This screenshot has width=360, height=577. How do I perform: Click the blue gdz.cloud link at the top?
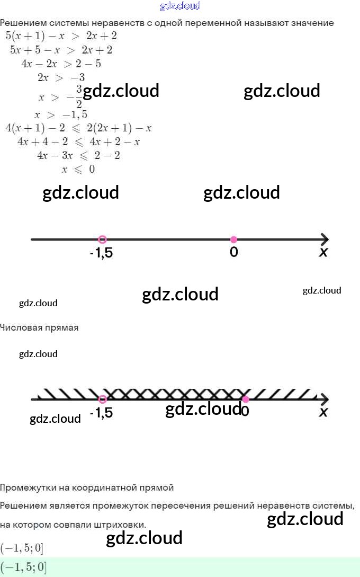pyautogui.click(x=180, y=6)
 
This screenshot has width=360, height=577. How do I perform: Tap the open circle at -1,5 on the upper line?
pyautogui.click(x=103, y=239)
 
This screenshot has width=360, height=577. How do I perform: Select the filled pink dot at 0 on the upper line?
pyautogui.click(x=233, y=239)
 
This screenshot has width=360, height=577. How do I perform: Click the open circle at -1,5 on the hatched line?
pyautogui.click(x=103, y=399)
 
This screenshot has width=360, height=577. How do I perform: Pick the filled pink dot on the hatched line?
pyautogui.click(x=245, y=399)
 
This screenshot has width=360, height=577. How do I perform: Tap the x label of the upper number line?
pyautogui.click(x=323, y=253)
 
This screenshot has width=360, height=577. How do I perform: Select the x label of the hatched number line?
pyautogui.click(x=323, y=412)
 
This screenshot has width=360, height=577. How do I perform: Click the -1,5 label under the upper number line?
pyautogui.click(x=101, y=253)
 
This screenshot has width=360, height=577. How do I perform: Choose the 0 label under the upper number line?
pyautogui.click(x=233, y=253)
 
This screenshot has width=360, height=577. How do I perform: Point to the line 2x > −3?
pyautogui.click(x=61, y=77)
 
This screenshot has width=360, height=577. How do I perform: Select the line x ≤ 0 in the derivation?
pyautogui.click(x=78, y=170)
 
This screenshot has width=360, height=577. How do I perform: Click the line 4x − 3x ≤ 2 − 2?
pyautogui.click(x=78, y=156)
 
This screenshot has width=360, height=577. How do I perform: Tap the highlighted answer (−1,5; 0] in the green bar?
pyautogui.click(x=23, y=567)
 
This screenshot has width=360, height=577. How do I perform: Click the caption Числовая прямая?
pyautogui.click(x=39, y=327)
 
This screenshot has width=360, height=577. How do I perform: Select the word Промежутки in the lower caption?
pyautogui.click(x=27, y=487)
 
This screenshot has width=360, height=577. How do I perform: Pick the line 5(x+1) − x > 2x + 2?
pyautogui.click(x=61, y=36)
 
